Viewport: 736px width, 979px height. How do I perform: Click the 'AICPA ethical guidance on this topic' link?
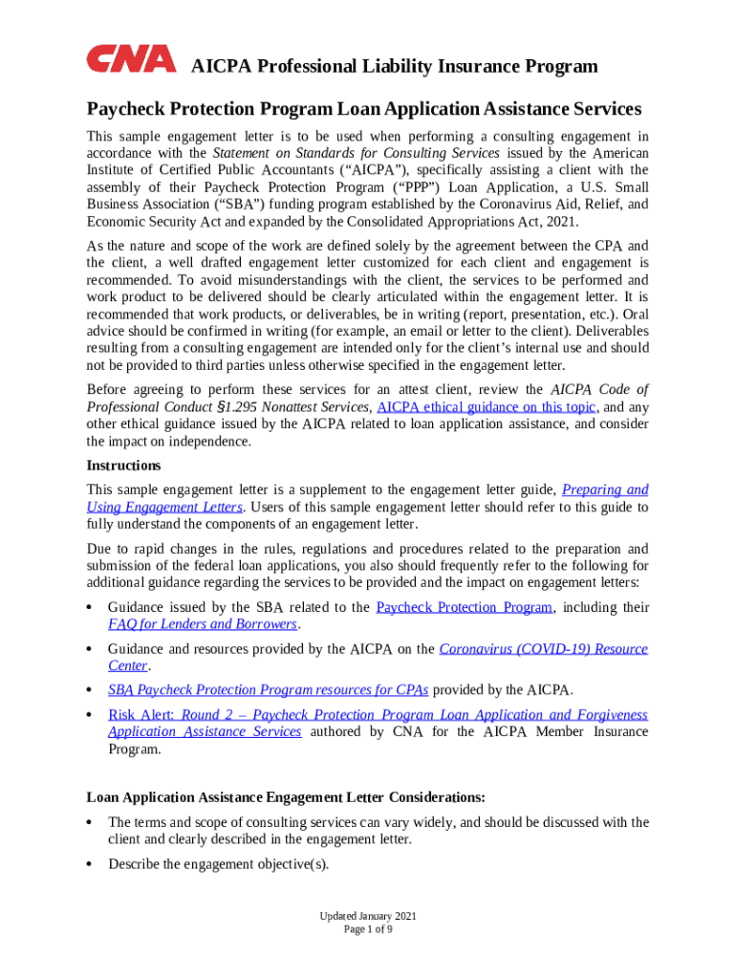(x=487, y=406)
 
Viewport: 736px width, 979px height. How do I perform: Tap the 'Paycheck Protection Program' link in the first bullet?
(x=465, y=607)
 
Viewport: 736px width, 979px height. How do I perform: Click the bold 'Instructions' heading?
(x=123, y=466)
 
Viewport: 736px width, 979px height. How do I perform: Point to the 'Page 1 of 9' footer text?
(x=368, y=929)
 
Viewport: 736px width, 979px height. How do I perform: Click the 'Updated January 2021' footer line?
(x=368, y=916)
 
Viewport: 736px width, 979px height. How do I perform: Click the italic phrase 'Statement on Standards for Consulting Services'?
(x=356, y=153)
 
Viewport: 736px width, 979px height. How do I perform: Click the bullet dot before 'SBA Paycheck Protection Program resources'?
(x=89, y=690)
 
